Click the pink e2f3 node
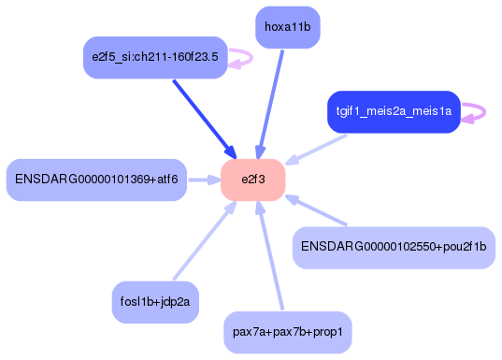[252, 180]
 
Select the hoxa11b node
[287, 27]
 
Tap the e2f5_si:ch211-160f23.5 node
[154, 58]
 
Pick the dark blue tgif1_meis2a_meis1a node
[394, 112]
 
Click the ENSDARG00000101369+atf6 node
[95, 180]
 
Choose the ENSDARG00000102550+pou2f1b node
[393, 247]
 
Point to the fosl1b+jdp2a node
[154, 301]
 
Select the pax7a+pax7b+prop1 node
[288, 332]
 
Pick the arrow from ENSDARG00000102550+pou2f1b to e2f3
[318, 210]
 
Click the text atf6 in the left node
[165, 180]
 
